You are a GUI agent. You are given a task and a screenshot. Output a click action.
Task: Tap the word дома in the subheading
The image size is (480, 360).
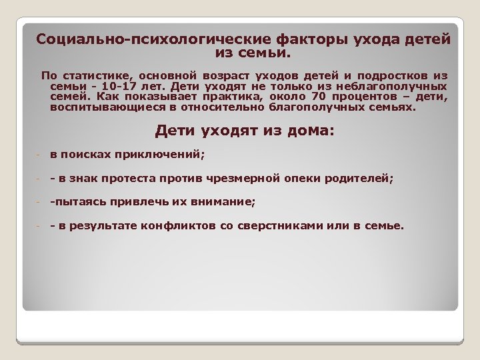pyautogui.click(x=304, y=131)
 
